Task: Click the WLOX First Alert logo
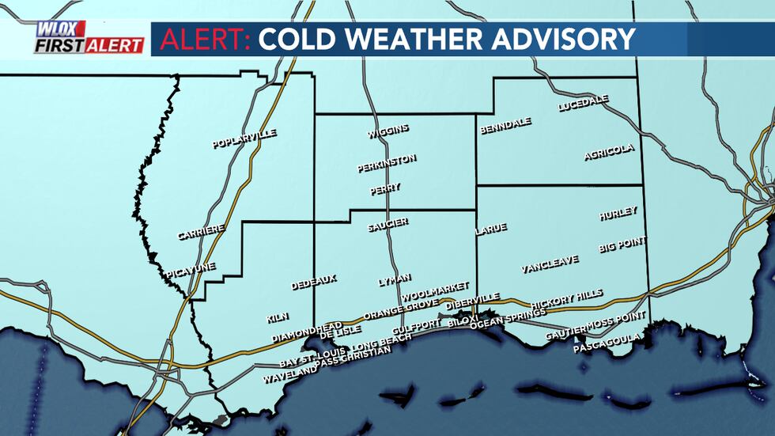[89, 37]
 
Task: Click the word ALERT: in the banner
[205, 39]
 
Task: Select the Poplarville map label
[244, 139]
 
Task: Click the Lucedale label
[583, 104]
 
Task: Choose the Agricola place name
[609, 152]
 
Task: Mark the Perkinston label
[386, 163]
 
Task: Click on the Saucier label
[387, 226]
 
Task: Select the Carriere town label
[201, 233]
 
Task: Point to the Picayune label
[191, 271]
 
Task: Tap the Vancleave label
[550, 264]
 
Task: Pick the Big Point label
[622, 245]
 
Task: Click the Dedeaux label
[314, 282]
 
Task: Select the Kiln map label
[278, 317]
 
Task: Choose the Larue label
[491, 230]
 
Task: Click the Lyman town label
[395, 280]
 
